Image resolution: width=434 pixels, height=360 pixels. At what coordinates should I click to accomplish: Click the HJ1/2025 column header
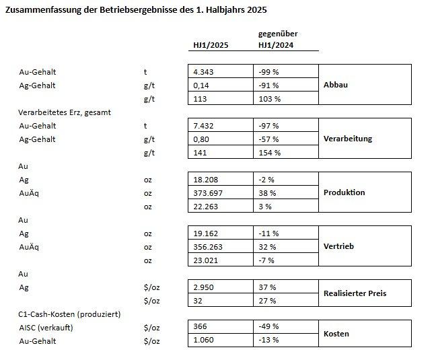click(x=211, y=45)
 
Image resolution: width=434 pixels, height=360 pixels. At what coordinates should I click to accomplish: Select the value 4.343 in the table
click(x=203, y=72)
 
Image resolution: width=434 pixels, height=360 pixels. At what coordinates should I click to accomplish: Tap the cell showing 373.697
click(x=208, y=193)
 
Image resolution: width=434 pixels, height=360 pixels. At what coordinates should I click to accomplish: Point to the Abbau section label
click(x=336, y=85)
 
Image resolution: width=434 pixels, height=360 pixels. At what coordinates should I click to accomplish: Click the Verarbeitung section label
click(x=348, y=139)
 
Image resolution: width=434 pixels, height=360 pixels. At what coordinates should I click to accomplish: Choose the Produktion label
click(x=344, y=192)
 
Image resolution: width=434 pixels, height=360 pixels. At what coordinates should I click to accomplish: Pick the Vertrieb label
click(x=338, y=246)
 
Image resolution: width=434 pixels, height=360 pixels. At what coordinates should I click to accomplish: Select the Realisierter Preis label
click(x=355, y=293)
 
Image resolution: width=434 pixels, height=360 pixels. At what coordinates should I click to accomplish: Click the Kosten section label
click(x=336, y=334)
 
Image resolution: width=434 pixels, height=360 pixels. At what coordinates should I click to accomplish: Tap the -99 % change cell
click(x=268, y=72)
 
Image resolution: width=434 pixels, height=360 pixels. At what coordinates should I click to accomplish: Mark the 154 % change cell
click(x=270, y=153)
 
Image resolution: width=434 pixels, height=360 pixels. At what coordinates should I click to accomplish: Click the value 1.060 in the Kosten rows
click(x=203, y=340)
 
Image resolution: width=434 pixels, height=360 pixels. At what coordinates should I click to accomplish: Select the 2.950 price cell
click(x=203, y=287)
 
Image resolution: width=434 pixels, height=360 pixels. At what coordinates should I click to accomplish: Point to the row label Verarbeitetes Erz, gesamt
click(x=65, y=112)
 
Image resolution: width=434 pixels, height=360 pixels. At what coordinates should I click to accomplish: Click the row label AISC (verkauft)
click(x=46, y=328)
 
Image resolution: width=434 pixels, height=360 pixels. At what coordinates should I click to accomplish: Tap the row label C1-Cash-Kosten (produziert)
click(x=69, y=314)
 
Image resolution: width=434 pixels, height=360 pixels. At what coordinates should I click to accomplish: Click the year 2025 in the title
click(x=257, y=10)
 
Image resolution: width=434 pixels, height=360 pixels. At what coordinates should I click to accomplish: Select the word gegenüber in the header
click(x=278, y=34)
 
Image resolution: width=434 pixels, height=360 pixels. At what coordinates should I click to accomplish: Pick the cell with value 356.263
click(x=208, y=247)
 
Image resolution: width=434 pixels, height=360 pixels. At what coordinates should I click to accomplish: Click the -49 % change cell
click(x=268, y=326)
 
